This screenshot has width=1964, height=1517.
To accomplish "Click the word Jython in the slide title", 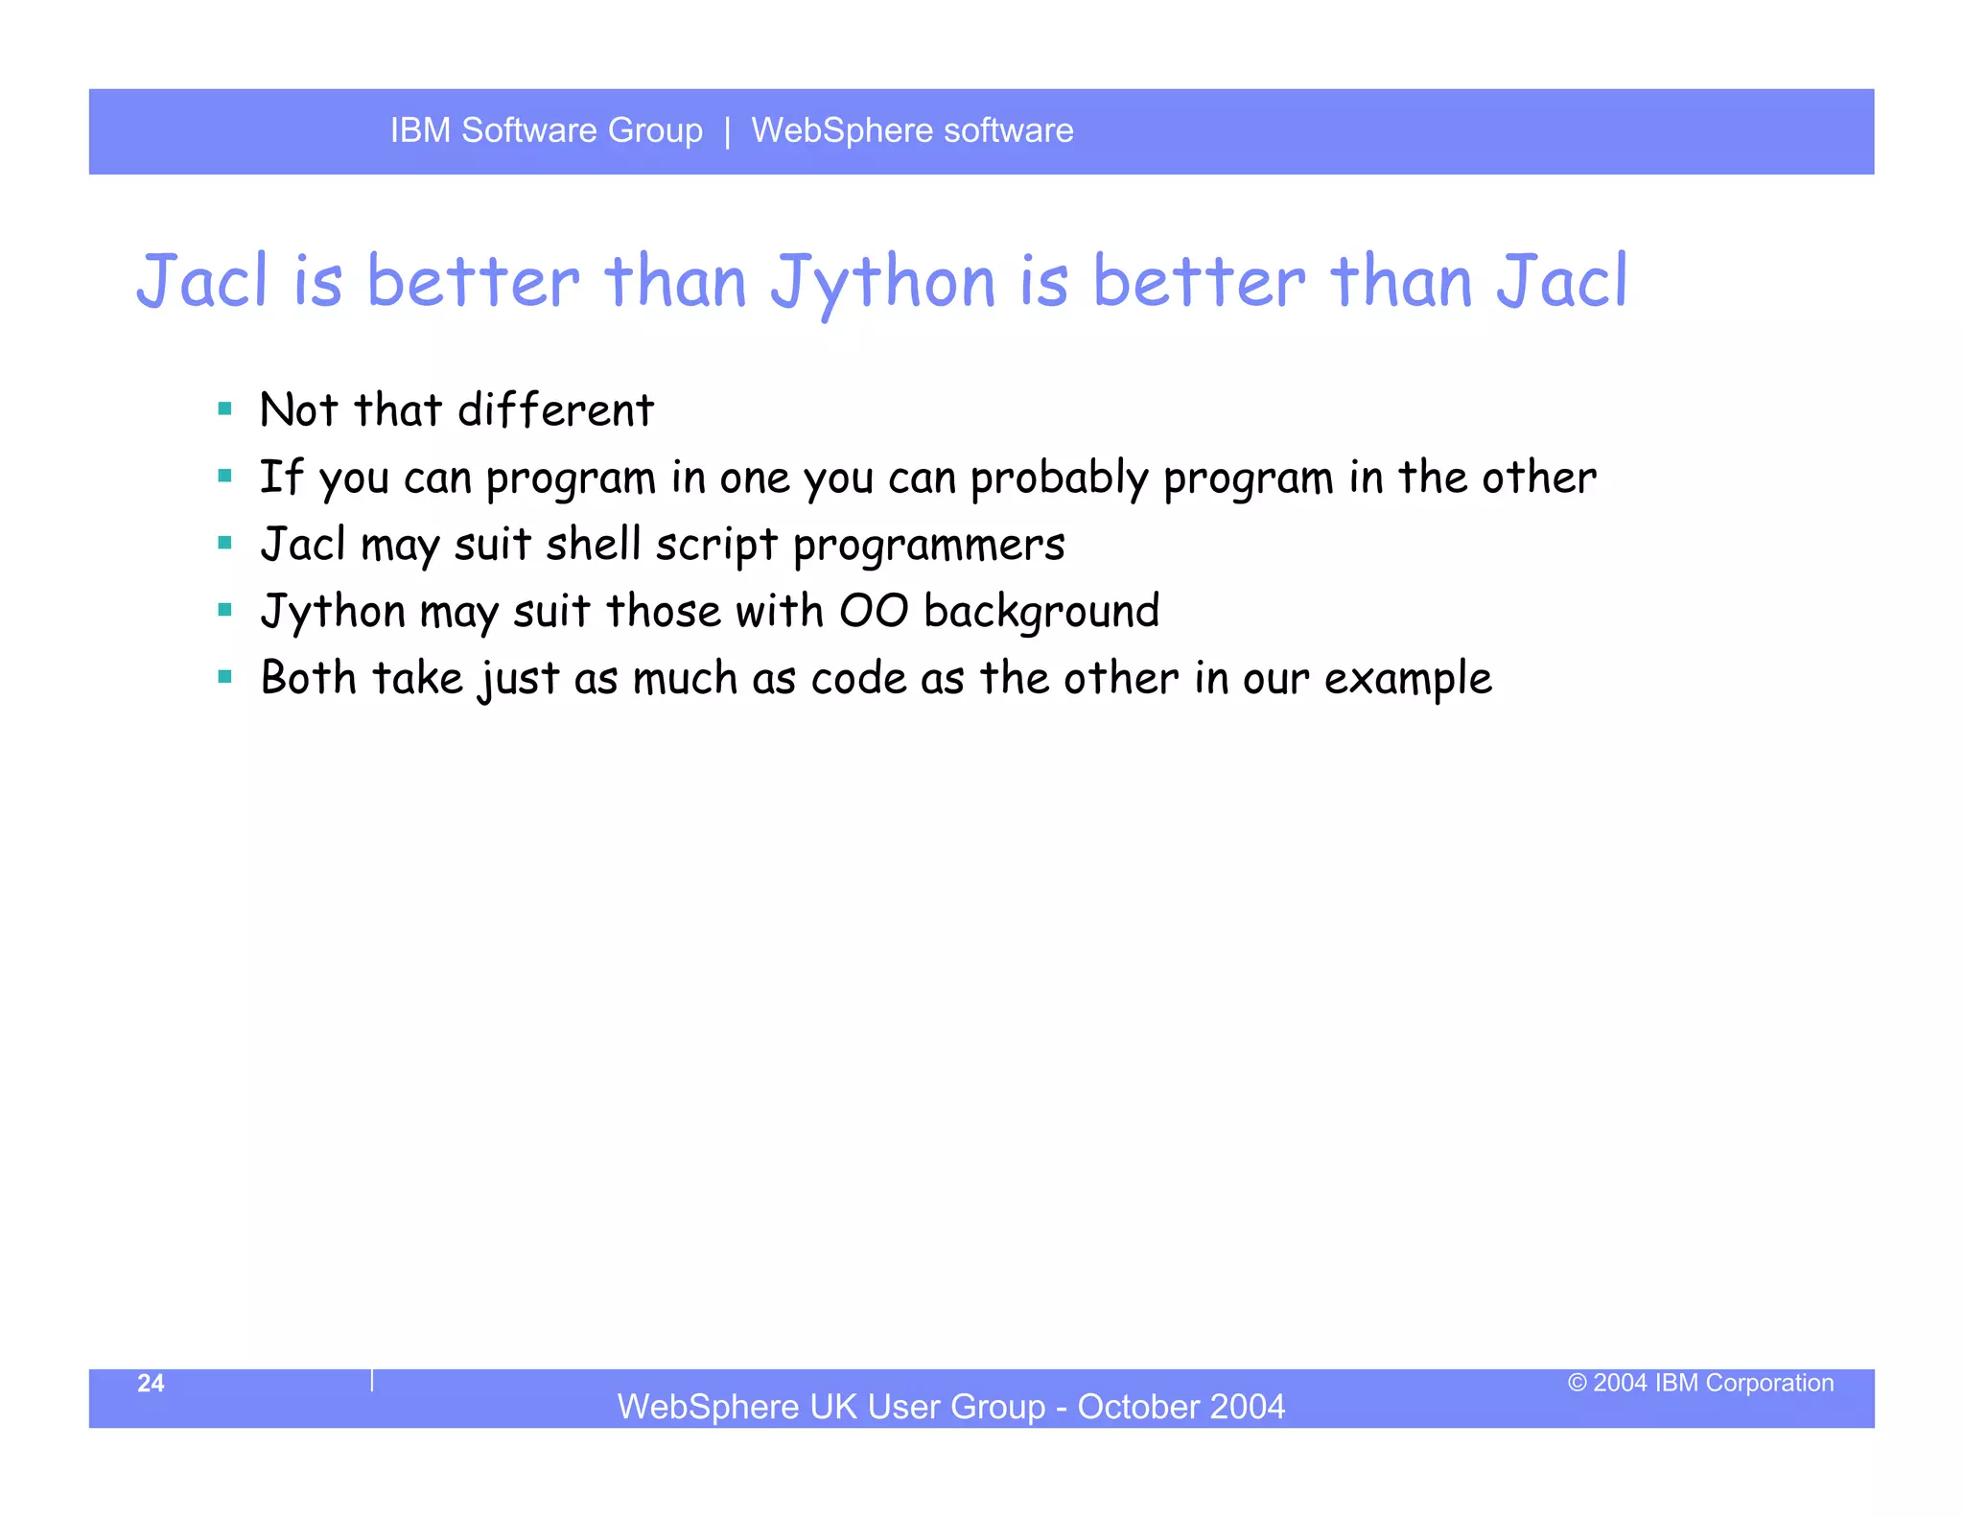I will [x=883, y=283].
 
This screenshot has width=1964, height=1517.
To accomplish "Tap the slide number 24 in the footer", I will [x=151, y=1383].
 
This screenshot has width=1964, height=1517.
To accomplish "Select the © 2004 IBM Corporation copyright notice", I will [x=1700, y=1383].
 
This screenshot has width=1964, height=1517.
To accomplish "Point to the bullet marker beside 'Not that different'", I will [x=225, y=409].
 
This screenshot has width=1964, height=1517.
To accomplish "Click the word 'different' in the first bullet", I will [x=555, y=410].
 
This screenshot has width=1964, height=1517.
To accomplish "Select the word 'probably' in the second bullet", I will [x=1059, y=478].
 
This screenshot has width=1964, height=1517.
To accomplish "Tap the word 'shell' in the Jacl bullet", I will [x=593, y=545].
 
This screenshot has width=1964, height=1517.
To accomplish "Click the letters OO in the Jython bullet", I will [x=873, y=612].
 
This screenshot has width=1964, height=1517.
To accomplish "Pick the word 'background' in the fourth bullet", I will [x=1041, y=612].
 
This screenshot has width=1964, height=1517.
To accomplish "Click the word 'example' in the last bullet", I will [x=1408, y=679].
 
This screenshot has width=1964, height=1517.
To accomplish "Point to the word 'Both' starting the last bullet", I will [x=308, y=678].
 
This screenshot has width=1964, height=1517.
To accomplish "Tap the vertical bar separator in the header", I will [x=728, y=130].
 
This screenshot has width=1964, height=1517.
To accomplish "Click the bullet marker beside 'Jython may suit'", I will [x=225, y=610].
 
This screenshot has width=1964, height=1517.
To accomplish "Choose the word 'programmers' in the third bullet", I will [x=928, y=546].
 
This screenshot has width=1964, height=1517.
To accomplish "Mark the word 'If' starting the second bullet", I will [x=281, y=478].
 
